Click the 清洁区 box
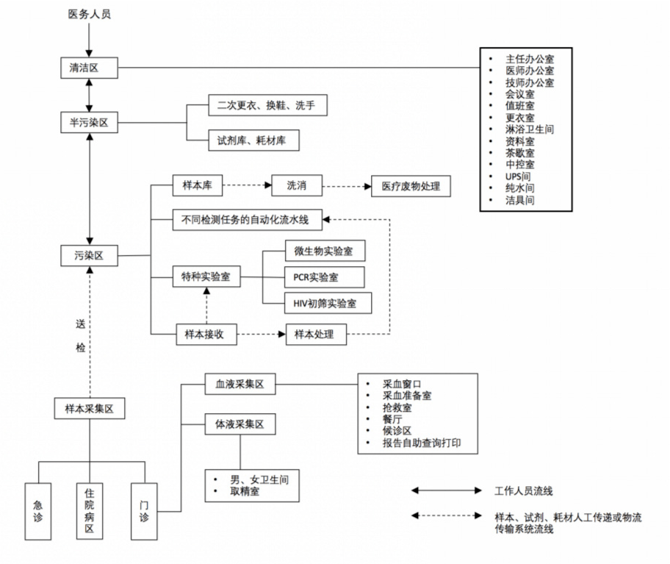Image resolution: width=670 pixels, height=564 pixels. [x=89, y=68]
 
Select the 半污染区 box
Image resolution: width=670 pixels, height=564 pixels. [x=89, y=123]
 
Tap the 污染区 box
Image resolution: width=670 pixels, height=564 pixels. [x=89, y=256]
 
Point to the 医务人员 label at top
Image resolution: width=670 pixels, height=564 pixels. [x=89, y=15]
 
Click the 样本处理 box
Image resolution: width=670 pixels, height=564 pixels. [x=314, y=334]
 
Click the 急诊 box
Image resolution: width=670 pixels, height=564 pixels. [x=37, y=512]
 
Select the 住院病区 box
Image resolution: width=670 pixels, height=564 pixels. [x=90, y=512]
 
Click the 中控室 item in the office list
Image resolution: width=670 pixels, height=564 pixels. [x=519, y=165]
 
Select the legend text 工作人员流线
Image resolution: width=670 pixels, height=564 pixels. [x=524, y=490]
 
